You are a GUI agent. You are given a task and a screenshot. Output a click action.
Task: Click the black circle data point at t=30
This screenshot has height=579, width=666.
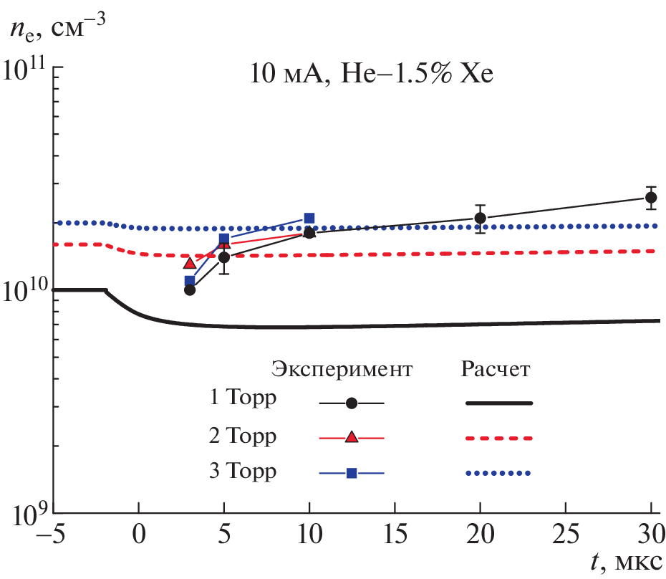[x=651, y=197]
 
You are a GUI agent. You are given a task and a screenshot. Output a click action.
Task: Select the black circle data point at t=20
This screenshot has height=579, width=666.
[x=481, y=218]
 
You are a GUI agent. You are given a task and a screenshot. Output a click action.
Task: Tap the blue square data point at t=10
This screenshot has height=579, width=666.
[x=309, y=219]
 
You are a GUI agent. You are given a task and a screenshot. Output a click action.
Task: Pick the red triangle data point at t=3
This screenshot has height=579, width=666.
[x=190, y=263]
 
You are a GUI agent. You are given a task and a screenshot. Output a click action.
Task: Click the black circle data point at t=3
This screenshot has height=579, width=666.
[x=190, y=289]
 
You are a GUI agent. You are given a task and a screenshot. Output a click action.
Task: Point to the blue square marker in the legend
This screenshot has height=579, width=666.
[x=352, y=473]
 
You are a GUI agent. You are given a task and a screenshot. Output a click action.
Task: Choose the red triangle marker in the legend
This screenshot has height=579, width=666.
[x=352, y=437]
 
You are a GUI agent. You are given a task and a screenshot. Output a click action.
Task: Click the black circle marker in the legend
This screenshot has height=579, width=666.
[x=352, y=403]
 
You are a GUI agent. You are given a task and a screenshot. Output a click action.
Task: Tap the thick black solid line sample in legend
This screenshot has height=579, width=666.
[x=499, y=403]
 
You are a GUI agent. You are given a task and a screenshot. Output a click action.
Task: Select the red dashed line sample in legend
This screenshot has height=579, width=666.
[x=499, y=437]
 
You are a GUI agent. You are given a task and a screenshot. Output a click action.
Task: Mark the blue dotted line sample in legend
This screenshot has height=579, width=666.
[x=499, y=473]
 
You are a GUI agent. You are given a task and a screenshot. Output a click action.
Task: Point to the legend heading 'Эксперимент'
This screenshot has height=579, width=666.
[x=342, y=370]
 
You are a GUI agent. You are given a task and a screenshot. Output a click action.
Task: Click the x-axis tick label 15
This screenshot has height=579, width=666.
[x=395, y=535]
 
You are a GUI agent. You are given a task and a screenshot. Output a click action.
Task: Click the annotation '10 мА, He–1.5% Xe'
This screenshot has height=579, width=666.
[x=372, y=74]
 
